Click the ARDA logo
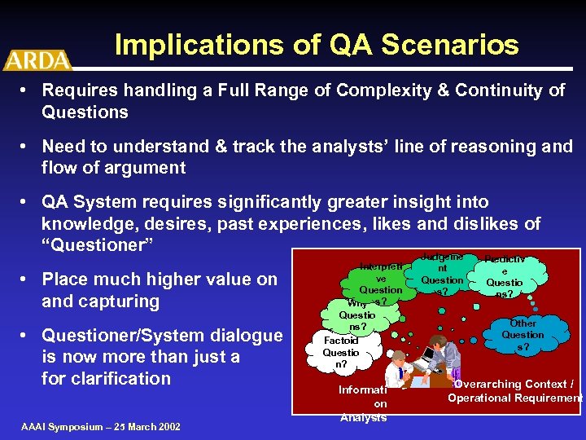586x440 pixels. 37,59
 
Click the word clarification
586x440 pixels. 120,379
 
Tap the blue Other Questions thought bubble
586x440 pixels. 523,335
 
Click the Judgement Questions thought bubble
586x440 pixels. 442,274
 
